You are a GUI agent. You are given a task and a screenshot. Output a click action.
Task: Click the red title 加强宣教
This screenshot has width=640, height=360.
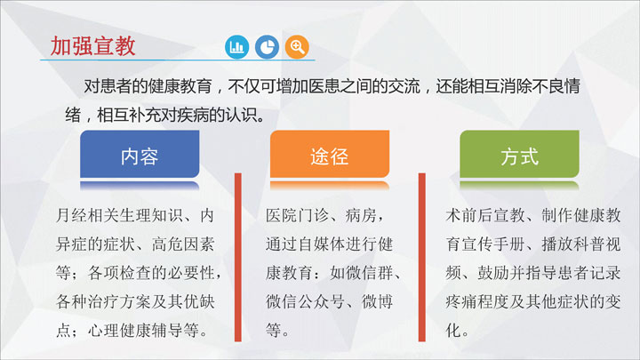coord(92,45)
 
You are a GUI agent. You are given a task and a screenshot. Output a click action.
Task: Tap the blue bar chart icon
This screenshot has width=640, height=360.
coord(236,47)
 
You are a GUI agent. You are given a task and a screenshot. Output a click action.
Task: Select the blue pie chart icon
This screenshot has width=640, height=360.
coord(267,47)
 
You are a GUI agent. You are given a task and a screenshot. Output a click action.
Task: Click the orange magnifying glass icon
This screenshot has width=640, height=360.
coord(297,47)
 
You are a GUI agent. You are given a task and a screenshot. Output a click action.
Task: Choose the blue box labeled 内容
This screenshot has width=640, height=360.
coord(140,155)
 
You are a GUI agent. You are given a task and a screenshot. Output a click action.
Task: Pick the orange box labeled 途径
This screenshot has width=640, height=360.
coord(330,155)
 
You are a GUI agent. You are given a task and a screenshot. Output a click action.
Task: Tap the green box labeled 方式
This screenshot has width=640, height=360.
coord(520,155)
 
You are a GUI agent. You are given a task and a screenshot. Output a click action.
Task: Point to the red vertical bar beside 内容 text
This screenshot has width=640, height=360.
coord(238,257)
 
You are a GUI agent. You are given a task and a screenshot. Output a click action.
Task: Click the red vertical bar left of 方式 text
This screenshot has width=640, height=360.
coord(422,257)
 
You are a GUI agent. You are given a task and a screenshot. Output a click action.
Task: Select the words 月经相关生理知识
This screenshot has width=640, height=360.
coord(119,215)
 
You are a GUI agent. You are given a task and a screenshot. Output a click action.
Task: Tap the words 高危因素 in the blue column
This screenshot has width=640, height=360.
coord(183,244)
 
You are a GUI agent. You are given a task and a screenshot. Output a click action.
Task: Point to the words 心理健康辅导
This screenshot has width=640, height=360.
coord(135,330)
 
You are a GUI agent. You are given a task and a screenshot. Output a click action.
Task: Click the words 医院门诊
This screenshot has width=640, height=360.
coord(297,215)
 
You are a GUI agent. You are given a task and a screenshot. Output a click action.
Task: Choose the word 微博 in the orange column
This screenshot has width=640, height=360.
coord(378,301)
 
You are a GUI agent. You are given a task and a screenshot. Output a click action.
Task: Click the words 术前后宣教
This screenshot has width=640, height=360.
coord(485,215)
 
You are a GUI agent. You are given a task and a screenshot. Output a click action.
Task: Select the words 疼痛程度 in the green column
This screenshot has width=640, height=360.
coord(477,301)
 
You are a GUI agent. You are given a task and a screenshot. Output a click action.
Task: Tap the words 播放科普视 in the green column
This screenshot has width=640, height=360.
coord(580,244)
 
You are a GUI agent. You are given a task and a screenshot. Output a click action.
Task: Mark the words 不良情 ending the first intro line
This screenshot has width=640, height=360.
coord(556,86)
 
